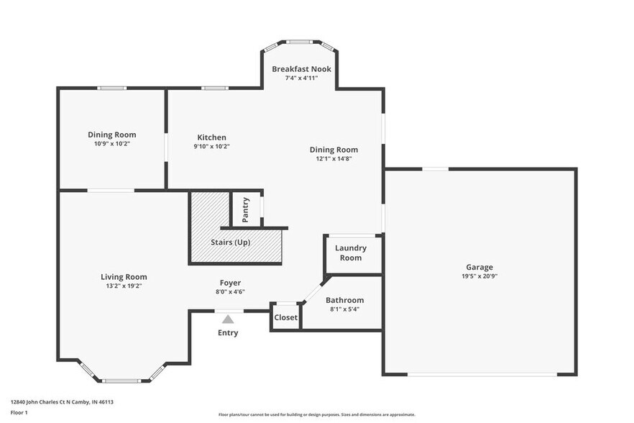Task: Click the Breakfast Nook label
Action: [301, 69]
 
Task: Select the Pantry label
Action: [246, 209]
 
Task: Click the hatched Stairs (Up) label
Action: [230, 242]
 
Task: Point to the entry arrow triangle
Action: [228, 319]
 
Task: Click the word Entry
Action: [228, 333]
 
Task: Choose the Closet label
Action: [285, 317]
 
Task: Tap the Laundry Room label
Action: [351, 253]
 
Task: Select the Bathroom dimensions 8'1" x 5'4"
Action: [344, 309]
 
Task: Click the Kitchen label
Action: [211, 137]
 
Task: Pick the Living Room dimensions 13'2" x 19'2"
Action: [124, 286]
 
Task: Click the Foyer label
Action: [230, 283]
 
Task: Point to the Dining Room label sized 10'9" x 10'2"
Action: [111, 135]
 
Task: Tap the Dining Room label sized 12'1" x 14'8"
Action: [334, 150]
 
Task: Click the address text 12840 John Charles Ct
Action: [62, 402]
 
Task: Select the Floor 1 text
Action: [19, 412]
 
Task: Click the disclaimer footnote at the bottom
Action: [316, 414]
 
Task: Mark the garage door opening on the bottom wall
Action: [482, 374]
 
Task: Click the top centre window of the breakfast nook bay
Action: [300, 42]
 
